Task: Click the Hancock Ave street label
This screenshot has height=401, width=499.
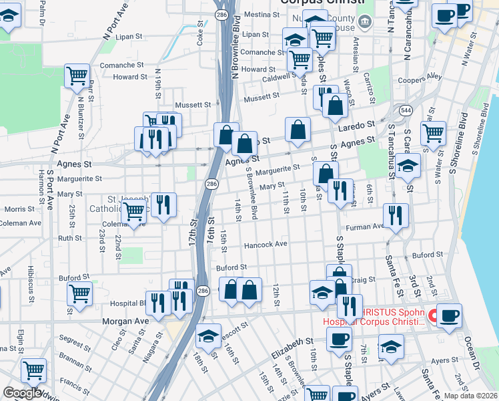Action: (x=266, y=245)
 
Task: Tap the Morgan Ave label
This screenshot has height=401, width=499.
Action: (x=125, y=321)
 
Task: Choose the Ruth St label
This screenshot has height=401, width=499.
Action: (x=70, y=238)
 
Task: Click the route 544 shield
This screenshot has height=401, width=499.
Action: (x=405, y=110)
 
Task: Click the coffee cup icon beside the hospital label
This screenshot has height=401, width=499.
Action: (x=448, y=316)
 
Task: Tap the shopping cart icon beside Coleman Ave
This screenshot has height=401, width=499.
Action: (x=134, y=212)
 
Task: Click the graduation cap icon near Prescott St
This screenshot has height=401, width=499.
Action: (x=209, y=336)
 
